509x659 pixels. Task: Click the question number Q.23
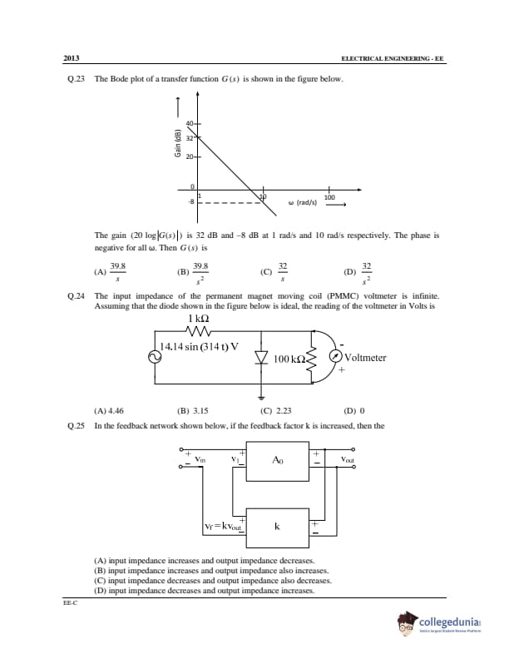pos(77,79)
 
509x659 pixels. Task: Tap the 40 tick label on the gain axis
pos(190,124)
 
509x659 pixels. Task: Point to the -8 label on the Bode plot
pos(190,201)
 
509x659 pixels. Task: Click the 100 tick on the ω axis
pos(329,197)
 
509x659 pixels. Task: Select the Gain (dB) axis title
pos(177,143)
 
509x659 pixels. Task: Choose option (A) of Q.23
pos(113,270)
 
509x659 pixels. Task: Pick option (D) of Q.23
pos(359,270)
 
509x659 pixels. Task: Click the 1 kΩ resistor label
pos(198,319)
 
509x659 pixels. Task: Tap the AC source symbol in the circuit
pos(154,356)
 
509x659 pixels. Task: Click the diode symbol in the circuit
pos(262,358)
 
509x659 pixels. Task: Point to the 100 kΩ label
pos(290,359)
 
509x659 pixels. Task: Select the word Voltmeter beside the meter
pos(365,358)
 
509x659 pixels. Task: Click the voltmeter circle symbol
pos(334,356)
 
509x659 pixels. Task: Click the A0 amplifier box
pos(278,460)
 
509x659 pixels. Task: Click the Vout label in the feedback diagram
pos(348,459)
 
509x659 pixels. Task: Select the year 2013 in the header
pos(72,57)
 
